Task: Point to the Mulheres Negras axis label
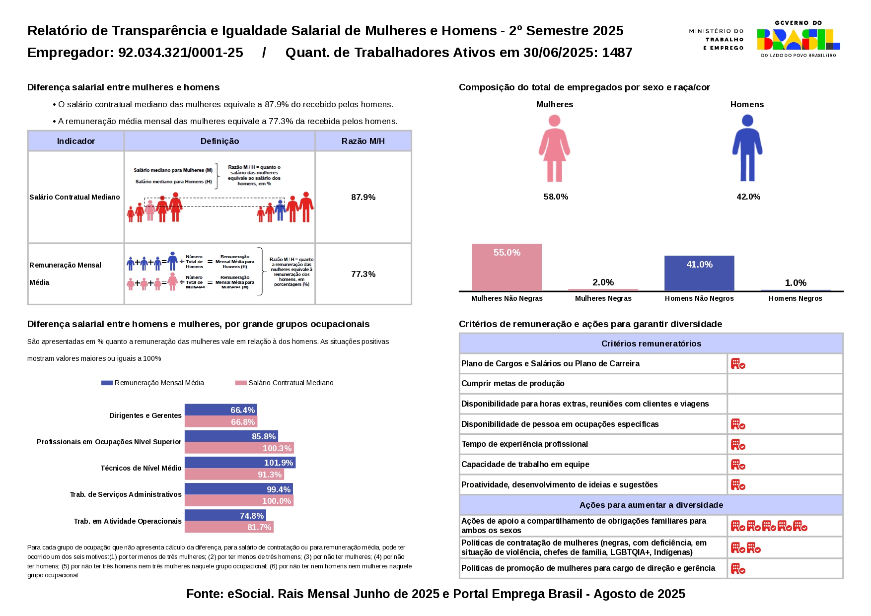(603, 298)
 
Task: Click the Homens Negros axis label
(795, 298)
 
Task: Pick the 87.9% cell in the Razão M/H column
(363, 197)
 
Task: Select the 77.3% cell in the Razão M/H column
(363, 274)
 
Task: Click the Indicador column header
(75, 141)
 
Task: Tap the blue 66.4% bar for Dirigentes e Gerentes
(220, 410)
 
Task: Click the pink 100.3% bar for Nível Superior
(239, 448)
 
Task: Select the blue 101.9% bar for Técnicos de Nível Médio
(240, 463)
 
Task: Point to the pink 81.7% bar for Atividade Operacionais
(229, 527)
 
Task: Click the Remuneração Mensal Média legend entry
(153, 383)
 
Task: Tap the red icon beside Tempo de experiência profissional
(738, 444)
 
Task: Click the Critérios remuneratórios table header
(651, 343)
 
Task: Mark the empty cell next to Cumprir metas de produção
(785, 384)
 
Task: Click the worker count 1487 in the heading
(617, 53)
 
